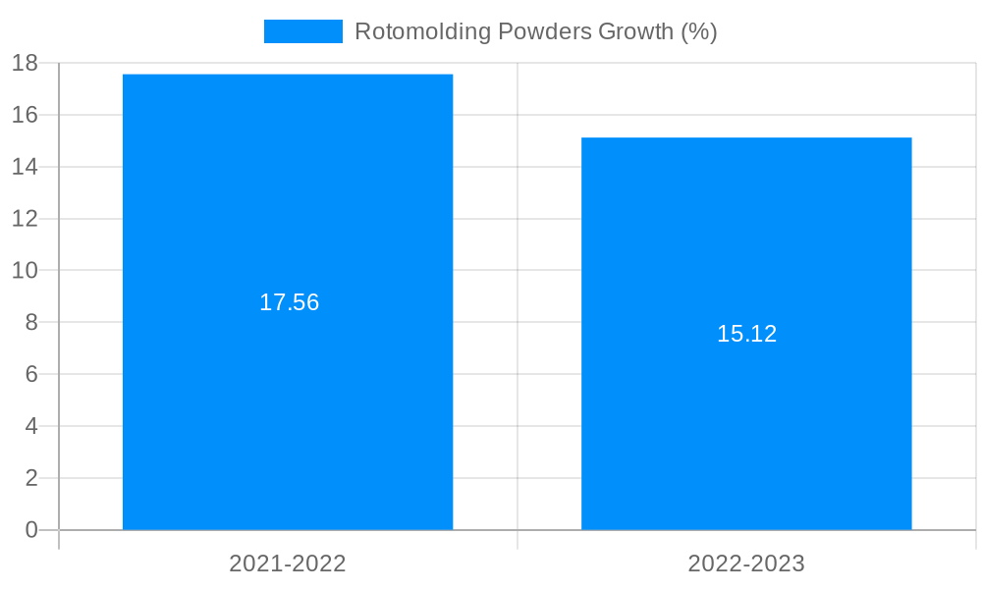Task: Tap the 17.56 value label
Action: (x=289, y=302)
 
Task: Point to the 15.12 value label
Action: (x=746, y=334)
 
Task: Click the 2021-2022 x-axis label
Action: (x=288, y=563)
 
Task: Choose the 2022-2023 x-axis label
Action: (x=746, y=563)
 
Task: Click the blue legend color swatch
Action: (x=303, y=31)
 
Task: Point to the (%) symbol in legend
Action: (x=699, y=31)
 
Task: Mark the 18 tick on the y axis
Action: (x=25, y=64)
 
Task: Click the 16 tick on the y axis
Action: (x=25, y=115)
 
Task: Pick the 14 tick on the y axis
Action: (x=25, y=167)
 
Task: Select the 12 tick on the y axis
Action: (x=25, y=219)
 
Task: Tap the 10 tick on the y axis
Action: (x=25, y=270)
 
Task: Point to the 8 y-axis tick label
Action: (x=30, y=322)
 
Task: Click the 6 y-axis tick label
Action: (x=30, y=374)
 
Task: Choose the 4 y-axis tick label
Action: (x=30, y=426)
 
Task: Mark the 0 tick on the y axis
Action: (x=30, y=530)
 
